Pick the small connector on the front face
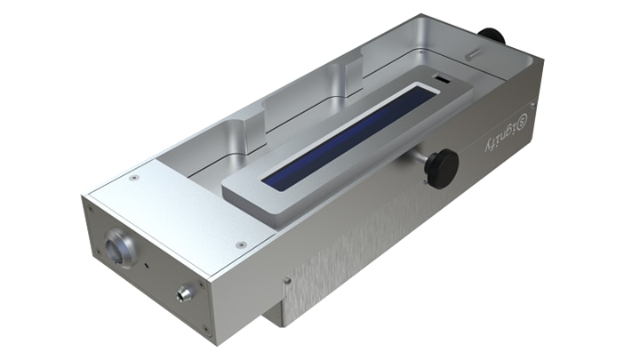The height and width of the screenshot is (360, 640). [184, 292]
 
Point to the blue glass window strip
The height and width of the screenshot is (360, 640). [349, 134]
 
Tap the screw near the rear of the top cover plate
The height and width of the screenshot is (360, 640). [133, 178]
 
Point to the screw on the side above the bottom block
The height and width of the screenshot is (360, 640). [286, 283]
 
